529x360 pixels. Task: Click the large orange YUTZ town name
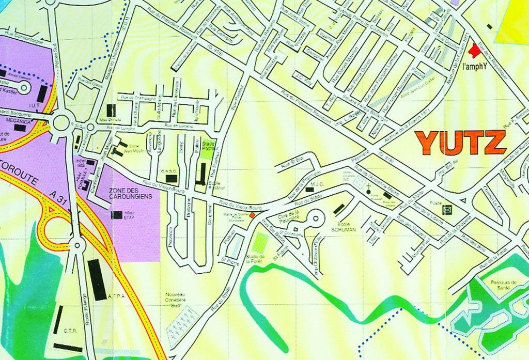(461, 143)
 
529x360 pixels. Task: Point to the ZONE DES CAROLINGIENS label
(131, 194)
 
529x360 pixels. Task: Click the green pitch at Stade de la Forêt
(261, 242)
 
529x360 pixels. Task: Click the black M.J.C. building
(309, 190)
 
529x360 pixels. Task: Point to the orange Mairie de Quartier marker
(252, 215)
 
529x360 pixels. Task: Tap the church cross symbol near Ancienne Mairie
(368, 192)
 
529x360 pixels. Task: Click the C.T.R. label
(71, 331)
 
